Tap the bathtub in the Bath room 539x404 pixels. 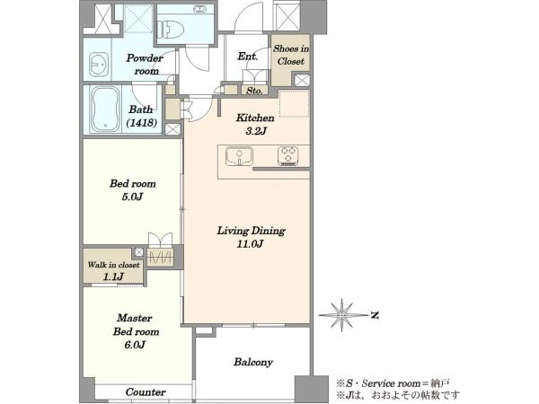(105, 109)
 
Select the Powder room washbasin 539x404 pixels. (98, 64)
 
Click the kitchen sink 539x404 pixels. (239, 156)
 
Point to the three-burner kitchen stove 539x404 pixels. (288, 156)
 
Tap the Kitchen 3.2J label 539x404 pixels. (255, 124)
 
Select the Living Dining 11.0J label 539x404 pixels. (251, 237)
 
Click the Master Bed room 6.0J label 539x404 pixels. (137, 331)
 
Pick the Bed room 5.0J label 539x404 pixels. (133, 190)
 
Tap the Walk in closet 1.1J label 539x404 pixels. (113, 270)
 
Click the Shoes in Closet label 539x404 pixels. (291, 55)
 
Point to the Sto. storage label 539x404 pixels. (255, 91)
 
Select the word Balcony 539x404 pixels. (253, 362)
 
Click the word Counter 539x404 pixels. (146, 392)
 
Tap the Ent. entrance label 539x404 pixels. (248, 56)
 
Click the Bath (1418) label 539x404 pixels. (142, 116)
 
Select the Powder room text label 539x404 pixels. (145, 65)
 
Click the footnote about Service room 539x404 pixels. (393, 383)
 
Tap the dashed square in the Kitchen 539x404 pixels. (295, 103)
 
